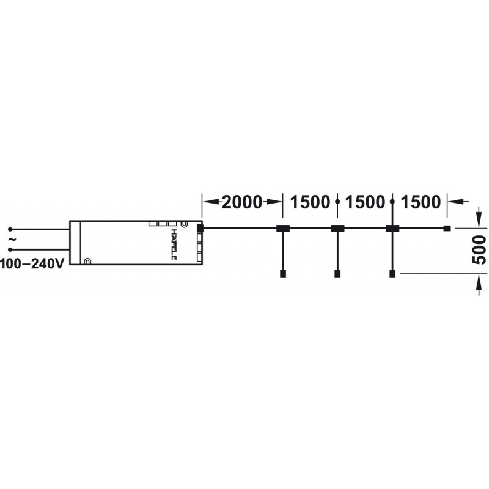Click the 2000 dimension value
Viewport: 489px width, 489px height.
(x=242, y=202)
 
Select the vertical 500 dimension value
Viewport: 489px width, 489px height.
(x=479, y=250)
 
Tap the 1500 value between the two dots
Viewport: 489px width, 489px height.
(x=365, y=202)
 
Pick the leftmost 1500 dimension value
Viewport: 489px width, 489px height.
(x=310, y=202)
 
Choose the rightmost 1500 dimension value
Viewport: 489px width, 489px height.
(x=421, y=202)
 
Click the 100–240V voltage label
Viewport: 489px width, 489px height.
(x=32, y=264)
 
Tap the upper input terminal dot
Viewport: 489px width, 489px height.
(x=10, y=229)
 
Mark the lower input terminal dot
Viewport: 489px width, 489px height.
(x=10, y=249)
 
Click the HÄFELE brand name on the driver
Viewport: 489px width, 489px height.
(x=174, y=244)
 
